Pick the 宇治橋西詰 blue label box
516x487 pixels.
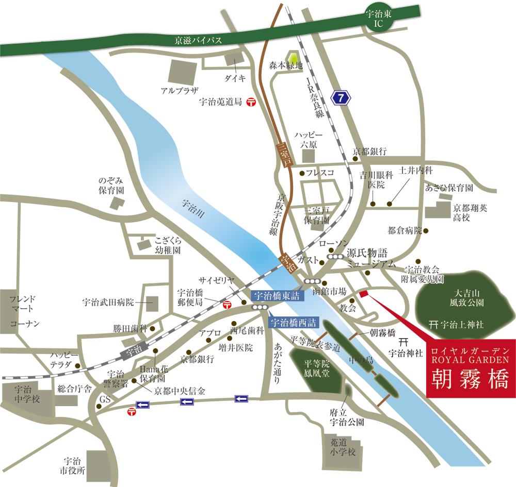(294, 323)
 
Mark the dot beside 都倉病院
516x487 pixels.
(426, 230)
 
